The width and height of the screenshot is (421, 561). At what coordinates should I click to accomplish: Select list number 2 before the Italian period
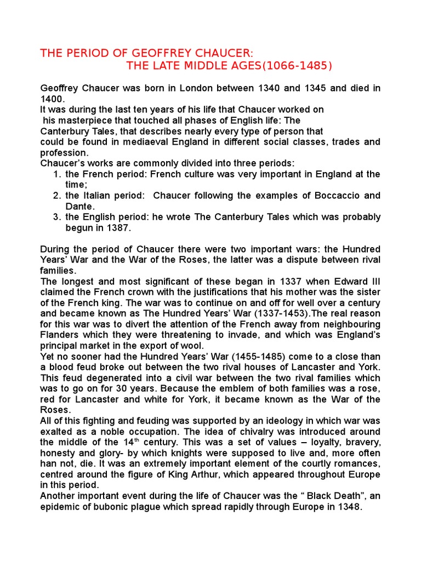pyautogui.click(x=57, y=196)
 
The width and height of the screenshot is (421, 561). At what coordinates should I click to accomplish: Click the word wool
pyautogui.click(x=192, y=346)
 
